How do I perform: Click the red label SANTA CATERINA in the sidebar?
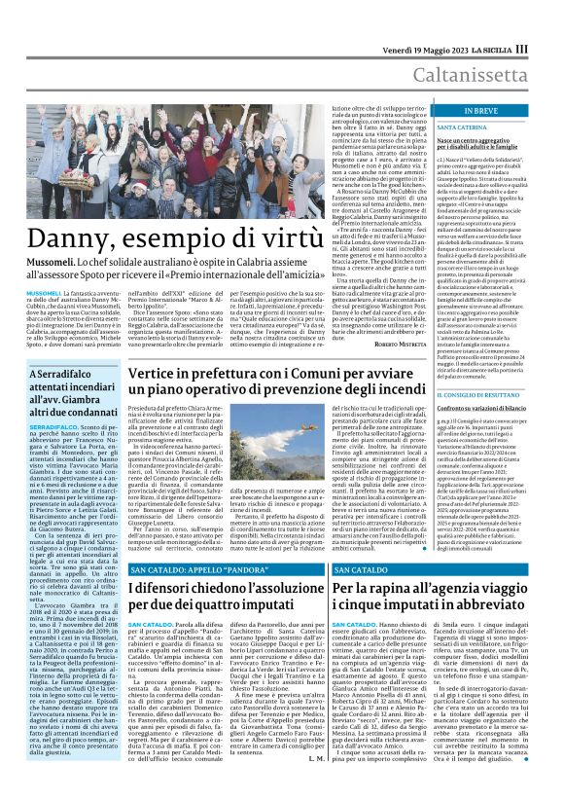point(463,127)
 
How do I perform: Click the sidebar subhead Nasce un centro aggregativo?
point(480,145)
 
